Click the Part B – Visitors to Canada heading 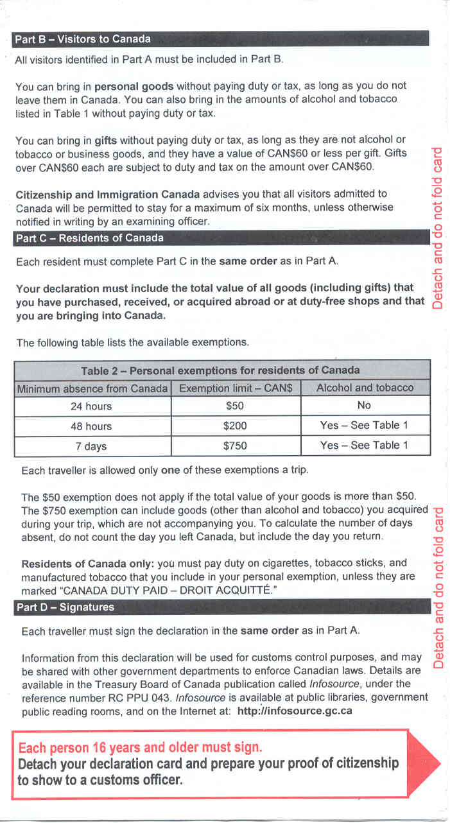[x=83, y=39]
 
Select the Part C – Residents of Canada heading [x=89, y=238]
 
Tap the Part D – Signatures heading [x=64, y=607]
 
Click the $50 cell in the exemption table [x=235, y=406]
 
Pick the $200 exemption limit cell [x=235, y=426]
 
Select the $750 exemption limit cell [x=235, y=446]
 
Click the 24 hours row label [x=91, y=406]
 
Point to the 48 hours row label [x=91, y=426]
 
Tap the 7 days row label [x=91, y=446]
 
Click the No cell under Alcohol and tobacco [x=364, y=406]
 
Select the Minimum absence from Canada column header [x=92, y=388]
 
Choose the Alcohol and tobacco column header [x=365, y=388]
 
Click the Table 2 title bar [x=220, y=370]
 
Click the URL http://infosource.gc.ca [x=295, y=711]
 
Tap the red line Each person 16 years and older [x=140, y=748]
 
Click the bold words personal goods [x=134, y=85]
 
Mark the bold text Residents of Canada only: [x=87, y=564]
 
